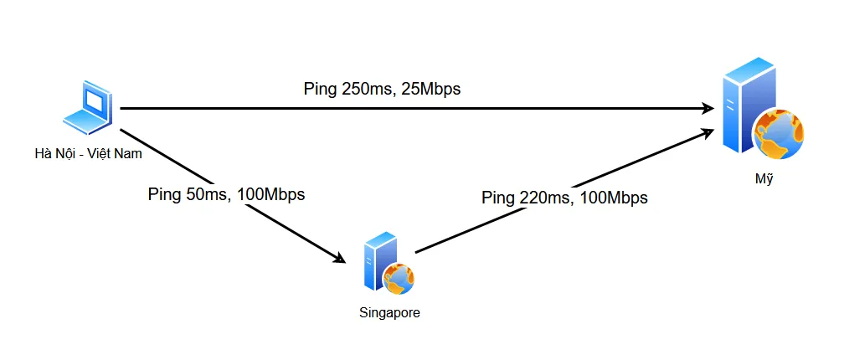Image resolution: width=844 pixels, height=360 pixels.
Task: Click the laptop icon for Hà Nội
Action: (x=90, y=108)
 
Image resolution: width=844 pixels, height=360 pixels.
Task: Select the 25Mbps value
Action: (x=432, y=89)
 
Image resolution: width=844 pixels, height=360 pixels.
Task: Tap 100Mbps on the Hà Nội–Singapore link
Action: (x=271, y=194)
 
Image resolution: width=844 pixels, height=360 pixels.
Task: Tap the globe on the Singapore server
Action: (x=399, y=278)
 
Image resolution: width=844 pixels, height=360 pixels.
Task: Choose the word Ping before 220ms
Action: (x=499, y=198)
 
